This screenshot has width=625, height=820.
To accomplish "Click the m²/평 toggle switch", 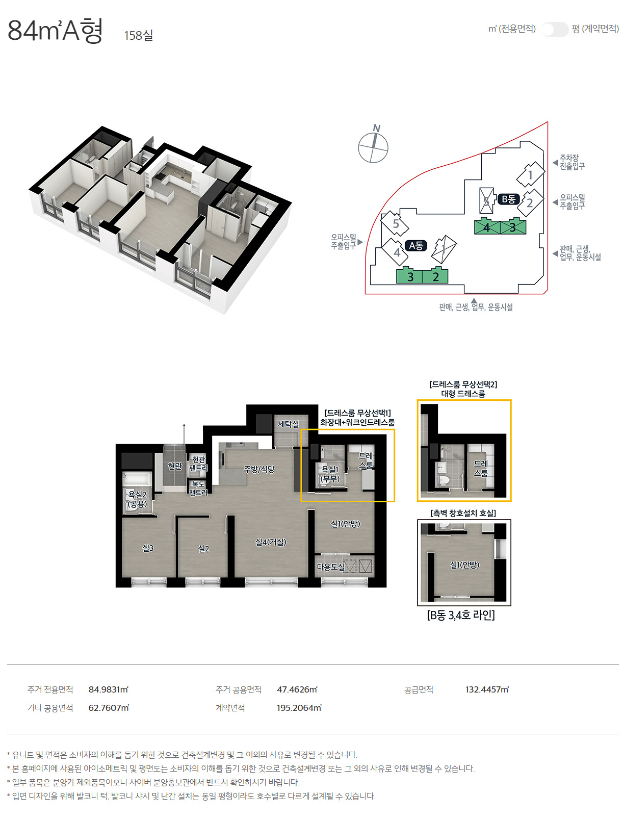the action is point(555,29).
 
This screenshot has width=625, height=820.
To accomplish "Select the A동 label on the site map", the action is point(415,246).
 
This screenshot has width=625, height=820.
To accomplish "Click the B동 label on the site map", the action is point(508,199).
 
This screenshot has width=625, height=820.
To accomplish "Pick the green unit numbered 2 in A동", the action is point(435,276).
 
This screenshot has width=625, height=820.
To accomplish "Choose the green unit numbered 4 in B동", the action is point(487,227).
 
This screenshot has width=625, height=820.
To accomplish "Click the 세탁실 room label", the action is point(288,424).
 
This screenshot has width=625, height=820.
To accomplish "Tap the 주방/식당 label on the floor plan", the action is point(259,469).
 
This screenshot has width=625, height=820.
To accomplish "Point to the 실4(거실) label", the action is point(271,542).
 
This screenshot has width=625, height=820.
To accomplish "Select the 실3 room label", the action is point(148,548).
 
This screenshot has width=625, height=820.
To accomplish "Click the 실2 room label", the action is point(203,548).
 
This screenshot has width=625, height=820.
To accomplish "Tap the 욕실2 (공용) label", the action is point(138,499).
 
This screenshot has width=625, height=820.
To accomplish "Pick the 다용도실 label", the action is point(330,567).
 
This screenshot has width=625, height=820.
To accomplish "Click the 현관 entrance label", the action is point(175,466).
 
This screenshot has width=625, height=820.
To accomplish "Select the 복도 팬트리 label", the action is point(198,488).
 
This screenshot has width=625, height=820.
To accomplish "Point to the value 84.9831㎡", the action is point(108,689).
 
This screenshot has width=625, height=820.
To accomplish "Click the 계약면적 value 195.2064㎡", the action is point(299,708).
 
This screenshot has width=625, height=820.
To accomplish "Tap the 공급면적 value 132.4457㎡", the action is point(487,689).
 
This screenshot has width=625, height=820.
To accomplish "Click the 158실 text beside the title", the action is point(139,36).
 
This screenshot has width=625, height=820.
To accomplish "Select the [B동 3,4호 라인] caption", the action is point(461,615).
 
